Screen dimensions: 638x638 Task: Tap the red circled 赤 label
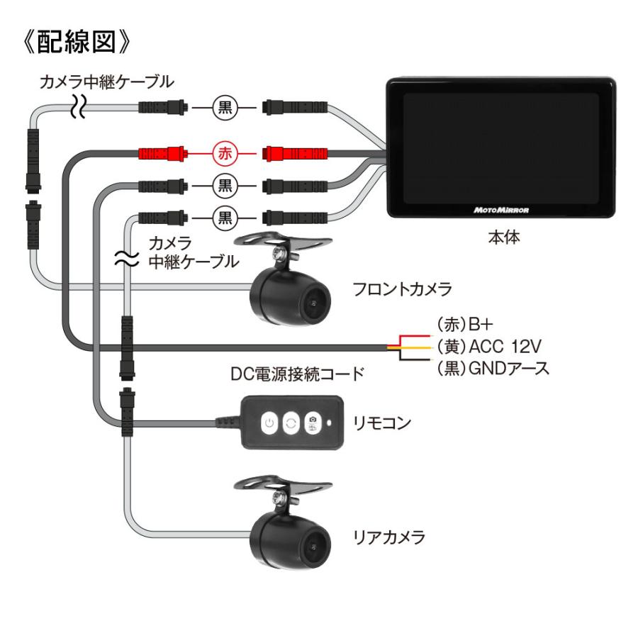tap(224, 152)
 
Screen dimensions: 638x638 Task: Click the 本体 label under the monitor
tap(503, 238)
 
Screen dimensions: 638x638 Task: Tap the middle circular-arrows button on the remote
tap(290, 424)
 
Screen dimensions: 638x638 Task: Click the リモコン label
tap(379, 423)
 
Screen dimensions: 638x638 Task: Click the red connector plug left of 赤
tap(162, 152)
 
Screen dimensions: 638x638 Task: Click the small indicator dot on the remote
tap(332, 424)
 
